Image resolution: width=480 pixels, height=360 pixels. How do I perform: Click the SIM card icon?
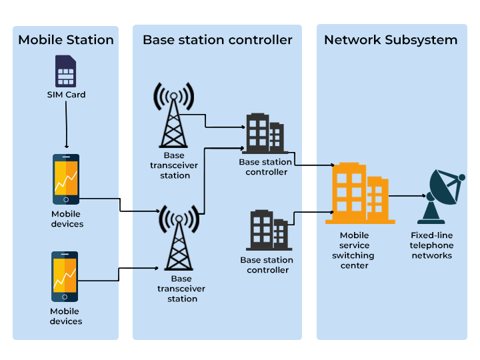66,71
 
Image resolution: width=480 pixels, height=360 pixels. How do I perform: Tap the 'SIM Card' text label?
66,95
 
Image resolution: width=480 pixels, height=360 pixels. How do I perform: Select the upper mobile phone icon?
66,179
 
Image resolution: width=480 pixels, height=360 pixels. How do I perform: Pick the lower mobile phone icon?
65,277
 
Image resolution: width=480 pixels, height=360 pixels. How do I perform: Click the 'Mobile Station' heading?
66,40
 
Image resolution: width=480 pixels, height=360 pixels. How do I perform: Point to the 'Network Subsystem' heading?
391,40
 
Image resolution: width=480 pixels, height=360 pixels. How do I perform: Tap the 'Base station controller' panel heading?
217,40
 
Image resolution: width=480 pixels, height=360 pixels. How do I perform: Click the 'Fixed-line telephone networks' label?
432,245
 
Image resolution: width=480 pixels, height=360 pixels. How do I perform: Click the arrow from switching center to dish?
407,196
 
